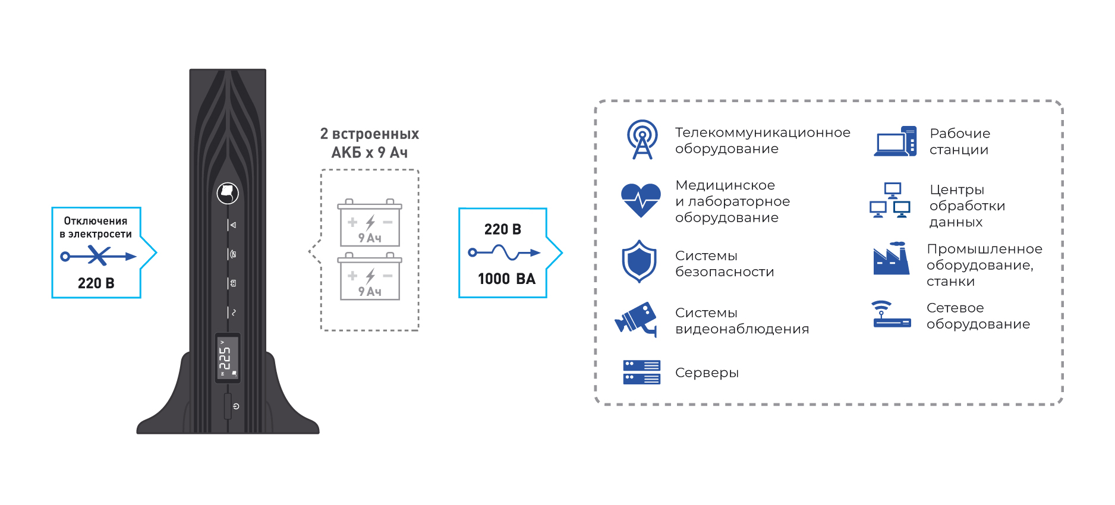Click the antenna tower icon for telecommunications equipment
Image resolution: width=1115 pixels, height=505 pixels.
click(642, 140)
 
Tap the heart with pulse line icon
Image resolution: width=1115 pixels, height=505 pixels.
click(641, 200)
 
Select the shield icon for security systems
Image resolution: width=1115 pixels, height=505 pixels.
click(639, 261)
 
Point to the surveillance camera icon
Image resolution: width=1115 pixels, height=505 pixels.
click(637, 319)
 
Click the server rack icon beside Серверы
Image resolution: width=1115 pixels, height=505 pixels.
click(641, 373)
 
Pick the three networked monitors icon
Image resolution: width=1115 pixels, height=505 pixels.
click(890, 201)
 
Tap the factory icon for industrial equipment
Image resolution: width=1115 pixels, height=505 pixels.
click(891, 259)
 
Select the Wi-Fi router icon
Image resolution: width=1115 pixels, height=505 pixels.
click(892, 315)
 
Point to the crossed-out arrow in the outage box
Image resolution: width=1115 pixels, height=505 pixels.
click(98, 257)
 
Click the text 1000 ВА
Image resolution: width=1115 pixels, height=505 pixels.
click(506, 279)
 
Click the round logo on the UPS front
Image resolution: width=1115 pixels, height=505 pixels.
click(228, 193)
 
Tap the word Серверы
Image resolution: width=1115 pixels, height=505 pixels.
click(707, 373)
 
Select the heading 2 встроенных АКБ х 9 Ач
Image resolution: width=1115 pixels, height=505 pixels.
click(370, 143)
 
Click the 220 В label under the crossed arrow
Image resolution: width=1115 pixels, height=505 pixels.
click(96, 283)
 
